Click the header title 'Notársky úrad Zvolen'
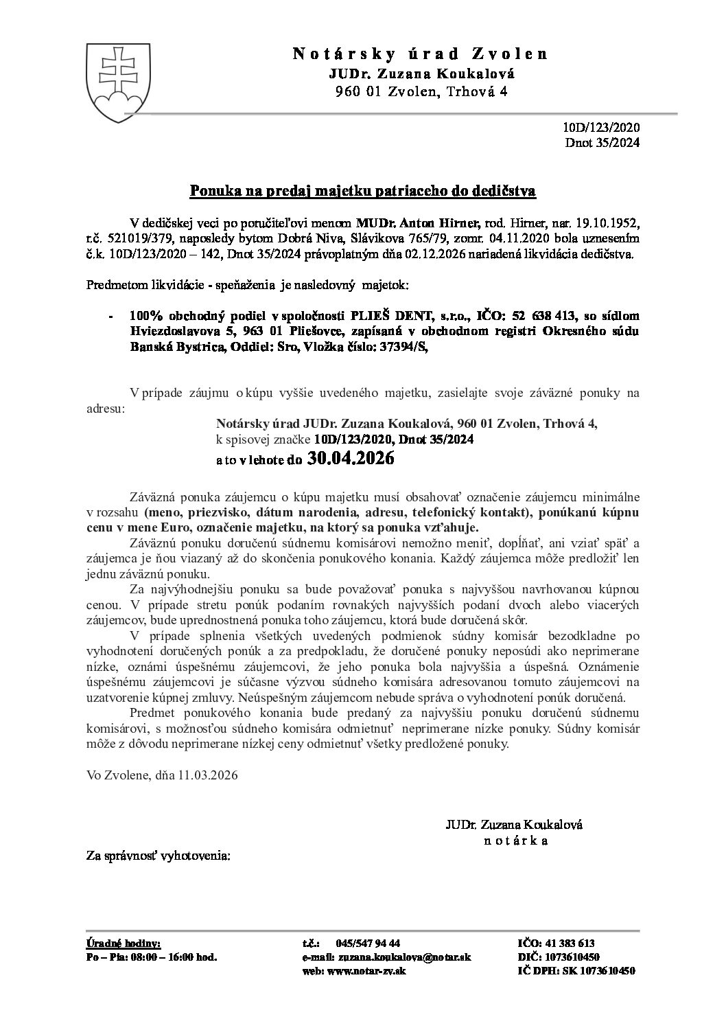pyautogui.click(x=421, y=54)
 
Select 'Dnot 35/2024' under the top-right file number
pyautogui.click(x=602, y=143)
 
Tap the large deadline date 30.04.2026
pyautogui.click(x=351, y=459)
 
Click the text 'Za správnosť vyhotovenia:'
pyautogui.click(x=158, y=856)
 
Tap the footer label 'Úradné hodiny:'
pyautogui.click(x=123, y=943)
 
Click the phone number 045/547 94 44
pyautogui.click(x=368, y=943)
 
